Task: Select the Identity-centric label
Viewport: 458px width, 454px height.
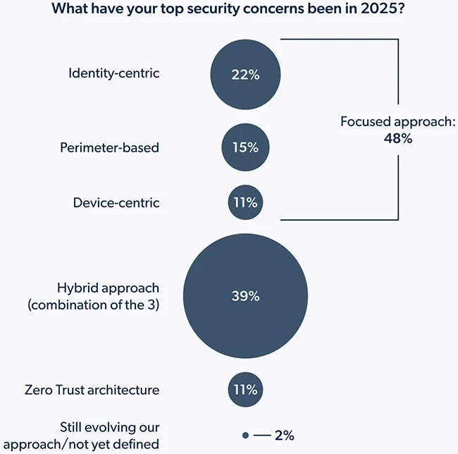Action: tap(114, 73)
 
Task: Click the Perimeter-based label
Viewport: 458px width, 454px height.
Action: tap(109, 147)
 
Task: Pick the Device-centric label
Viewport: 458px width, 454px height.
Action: tap(116, 203)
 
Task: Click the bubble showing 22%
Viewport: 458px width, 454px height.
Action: tap(245, 74)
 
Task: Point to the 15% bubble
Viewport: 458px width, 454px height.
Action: tap(245, 148)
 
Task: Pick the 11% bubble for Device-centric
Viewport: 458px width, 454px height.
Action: tap(245, 203)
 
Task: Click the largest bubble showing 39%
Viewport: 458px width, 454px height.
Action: tap(245, 296)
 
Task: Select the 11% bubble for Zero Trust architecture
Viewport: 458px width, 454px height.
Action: tap(245, 389)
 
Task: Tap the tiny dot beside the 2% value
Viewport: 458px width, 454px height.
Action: tap(245, 436)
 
